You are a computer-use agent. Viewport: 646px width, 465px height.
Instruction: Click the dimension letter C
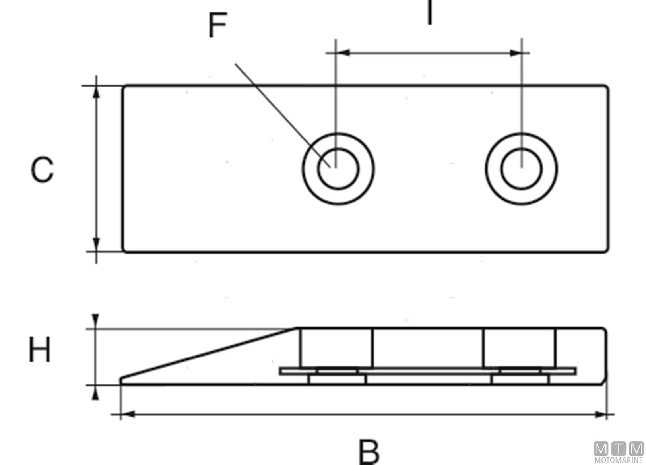tap(42, 170)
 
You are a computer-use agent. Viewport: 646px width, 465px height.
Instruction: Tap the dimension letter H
tap(40, 350)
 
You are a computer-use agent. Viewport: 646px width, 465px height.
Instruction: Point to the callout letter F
tap(218, 25)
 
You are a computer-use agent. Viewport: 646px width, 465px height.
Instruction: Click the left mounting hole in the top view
tap(338, 169)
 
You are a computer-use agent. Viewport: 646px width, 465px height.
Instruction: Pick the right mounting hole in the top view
tap(521, 169)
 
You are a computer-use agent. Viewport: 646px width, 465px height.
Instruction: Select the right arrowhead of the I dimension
tap(515, 52)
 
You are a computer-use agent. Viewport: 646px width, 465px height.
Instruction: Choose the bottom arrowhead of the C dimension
tap(96, 244)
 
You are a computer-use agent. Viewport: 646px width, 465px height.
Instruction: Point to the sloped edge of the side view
tap(209, 353)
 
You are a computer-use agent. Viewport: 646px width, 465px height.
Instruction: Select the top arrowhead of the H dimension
tap(95, 320)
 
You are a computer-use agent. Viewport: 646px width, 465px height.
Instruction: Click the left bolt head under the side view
tap(337, 380)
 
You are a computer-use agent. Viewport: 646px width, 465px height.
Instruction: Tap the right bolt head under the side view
tap(520, 380)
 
